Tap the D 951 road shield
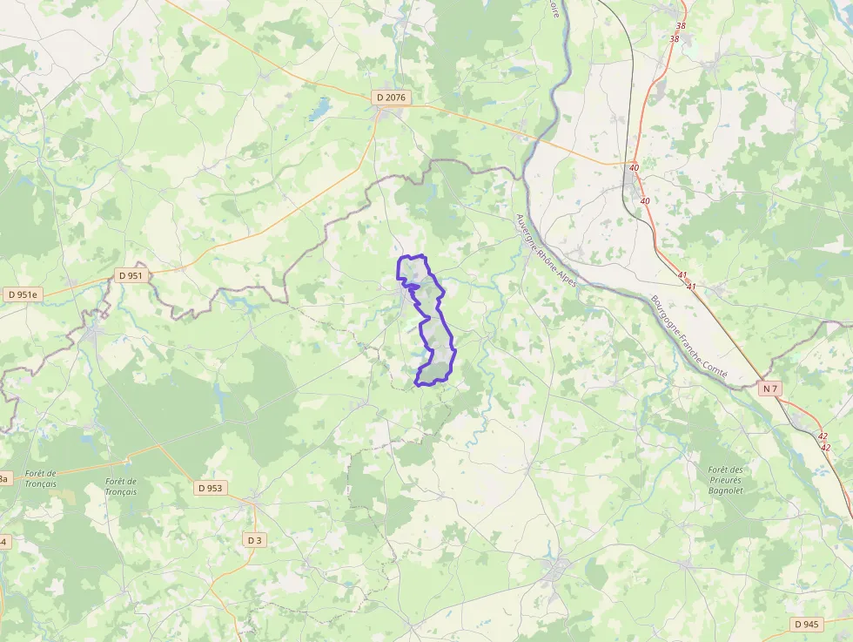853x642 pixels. click(x=130, y=275)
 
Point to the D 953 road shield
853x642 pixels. click(x=210, y=488)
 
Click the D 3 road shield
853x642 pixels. click(x=253, y=540)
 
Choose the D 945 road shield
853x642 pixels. click(x=807, y=624)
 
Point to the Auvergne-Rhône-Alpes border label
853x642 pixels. click(x=545, y=252)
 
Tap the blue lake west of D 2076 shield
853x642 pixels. click(x=320, y=108)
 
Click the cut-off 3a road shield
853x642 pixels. click(x=3, y=478)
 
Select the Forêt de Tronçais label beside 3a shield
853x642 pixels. click(x=40, y=478)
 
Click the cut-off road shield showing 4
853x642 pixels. click(x=3, y=542)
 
